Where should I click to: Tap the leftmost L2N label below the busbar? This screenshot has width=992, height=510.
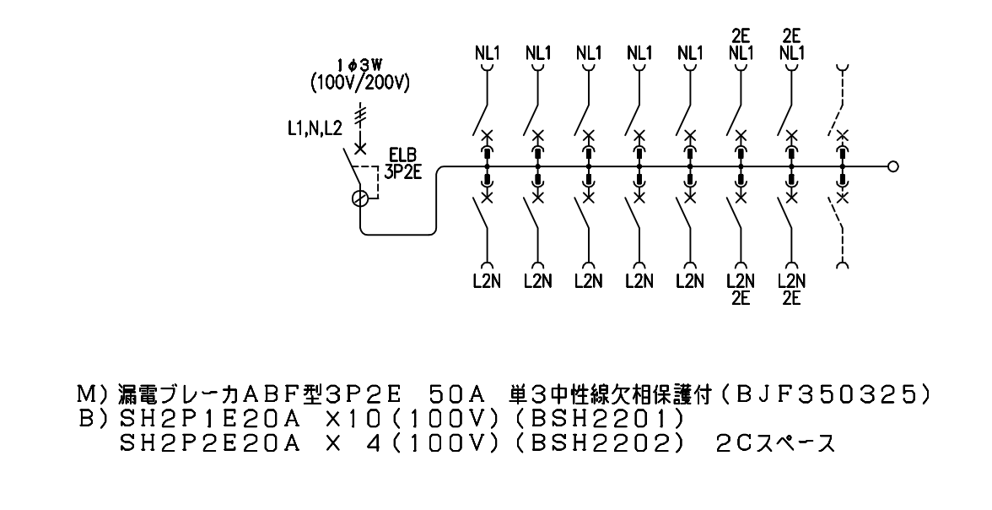tap(488, 279)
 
